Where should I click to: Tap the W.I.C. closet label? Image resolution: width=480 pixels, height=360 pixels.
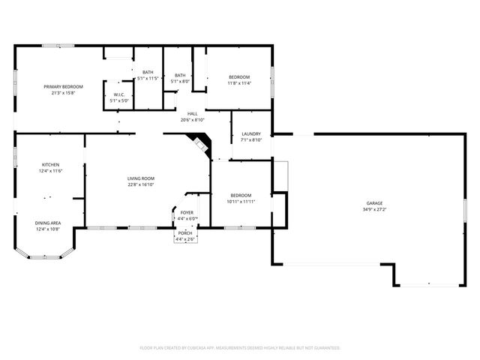tap(120, 95)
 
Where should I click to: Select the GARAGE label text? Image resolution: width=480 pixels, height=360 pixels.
tap(374, 203)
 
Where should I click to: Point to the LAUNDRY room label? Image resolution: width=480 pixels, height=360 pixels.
tap(250, 134)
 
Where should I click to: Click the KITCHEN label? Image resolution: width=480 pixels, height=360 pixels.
tap(51, 164)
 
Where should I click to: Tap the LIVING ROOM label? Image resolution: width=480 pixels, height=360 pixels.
tap(141, 178)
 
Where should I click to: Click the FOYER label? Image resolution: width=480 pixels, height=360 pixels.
tap(187, 213)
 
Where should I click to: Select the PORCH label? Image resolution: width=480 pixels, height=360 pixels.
tap(184, 233)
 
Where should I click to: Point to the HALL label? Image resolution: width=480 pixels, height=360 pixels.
tap(193, 114)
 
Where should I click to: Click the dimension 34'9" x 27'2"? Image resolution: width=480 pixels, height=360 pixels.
tap(374, 209)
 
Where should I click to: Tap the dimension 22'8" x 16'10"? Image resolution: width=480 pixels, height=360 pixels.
tap(141, 184)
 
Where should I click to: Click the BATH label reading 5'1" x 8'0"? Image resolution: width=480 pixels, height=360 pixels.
tap(180, 80)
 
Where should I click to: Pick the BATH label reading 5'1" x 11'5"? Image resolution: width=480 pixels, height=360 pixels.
tap(148, 78)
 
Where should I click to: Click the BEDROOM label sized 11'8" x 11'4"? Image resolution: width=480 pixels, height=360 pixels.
tap(239, 83)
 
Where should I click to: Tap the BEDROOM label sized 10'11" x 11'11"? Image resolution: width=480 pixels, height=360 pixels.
tap(241, 202)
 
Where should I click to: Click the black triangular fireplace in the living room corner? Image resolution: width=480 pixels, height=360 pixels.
tap(199, 142)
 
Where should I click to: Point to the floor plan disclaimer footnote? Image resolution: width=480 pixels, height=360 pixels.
tap(240, 348)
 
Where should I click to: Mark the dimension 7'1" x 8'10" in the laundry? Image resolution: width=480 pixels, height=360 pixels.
tap(250, 140)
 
